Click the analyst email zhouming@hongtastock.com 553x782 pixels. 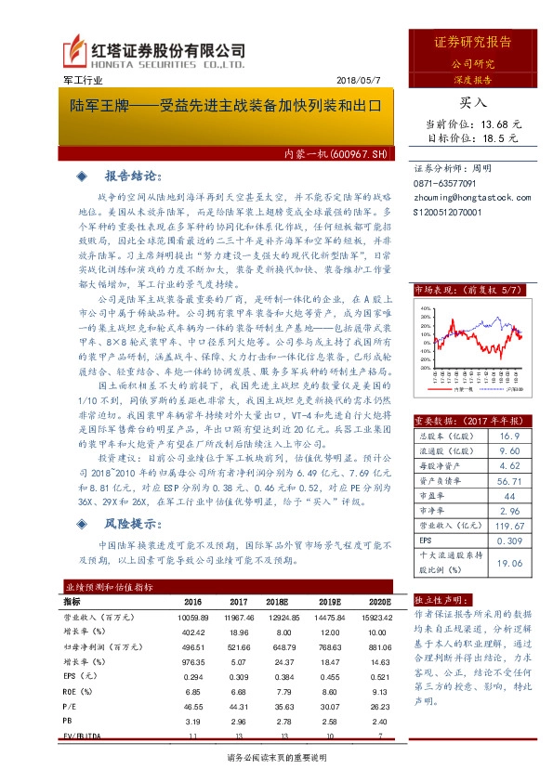[472, 198]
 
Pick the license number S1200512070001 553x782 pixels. [449, 212]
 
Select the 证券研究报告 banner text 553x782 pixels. [473, 43]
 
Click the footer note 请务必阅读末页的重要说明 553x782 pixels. [276, 758]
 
